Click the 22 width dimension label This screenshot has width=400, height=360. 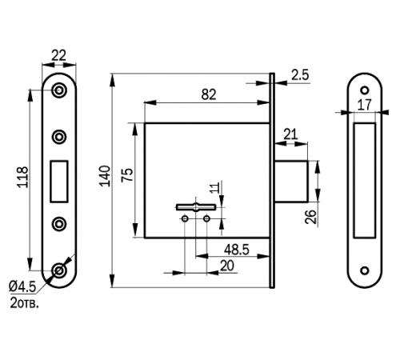[x=58, y=56]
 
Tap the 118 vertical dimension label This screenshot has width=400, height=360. [x=22, y=177]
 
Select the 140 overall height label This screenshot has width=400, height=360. [x=105, y=176]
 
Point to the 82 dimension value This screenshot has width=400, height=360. [x=209, y=94]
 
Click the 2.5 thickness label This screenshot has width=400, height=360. [x=300, y=75]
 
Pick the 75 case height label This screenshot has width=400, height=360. [x=127, y=174]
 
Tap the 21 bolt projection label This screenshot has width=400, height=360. [x=290, y=134]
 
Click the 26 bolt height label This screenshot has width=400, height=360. [x=310, y=217]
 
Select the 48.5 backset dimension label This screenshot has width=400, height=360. [x=237, y=250]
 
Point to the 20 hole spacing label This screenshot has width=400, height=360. [x=227, y=266]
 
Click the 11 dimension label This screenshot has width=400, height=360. [x=215, y=187]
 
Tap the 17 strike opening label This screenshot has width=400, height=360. [x=364, y=105]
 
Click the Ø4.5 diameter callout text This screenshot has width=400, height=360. [x=22, y=286]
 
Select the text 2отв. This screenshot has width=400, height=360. [x=24, y=302]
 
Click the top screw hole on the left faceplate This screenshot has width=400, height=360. [x=59, y=90]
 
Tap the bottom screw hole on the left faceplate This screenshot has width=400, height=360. [x=59, y=270]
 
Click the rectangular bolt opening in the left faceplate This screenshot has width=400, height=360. [x=59, y=181]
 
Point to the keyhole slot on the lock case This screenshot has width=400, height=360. [x=196, y=207]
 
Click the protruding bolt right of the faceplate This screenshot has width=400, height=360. [x=291, y=182]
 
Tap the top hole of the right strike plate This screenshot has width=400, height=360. [x=365, y=90]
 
